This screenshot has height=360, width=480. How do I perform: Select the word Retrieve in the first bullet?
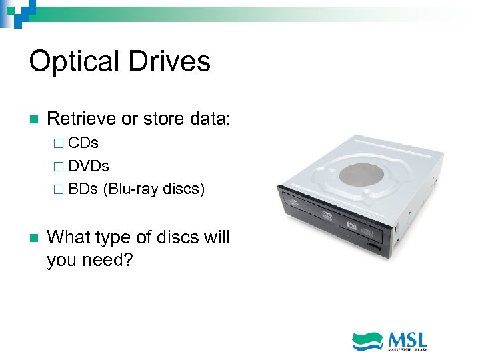coord(81,119)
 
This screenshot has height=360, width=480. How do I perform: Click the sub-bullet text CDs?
coord(83,143)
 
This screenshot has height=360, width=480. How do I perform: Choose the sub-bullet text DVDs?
coord(89,165)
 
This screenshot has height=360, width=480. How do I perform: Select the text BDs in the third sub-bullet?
coord(83,189)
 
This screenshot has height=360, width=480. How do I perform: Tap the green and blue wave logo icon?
coord(367,341)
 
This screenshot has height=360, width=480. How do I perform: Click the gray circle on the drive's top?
coord(364,173)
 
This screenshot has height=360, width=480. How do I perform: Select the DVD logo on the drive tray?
coord(327,216)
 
